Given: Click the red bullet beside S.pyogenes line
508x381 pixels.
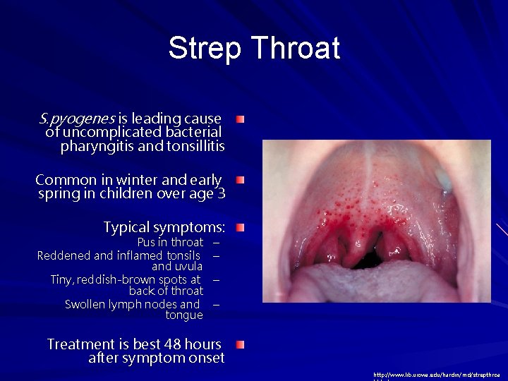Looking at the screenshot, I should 241,119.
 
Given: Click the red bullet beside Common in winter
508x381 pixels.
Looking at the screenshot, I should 241,181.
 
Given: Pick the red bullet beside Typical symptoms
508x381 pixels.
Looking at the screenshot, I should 241,228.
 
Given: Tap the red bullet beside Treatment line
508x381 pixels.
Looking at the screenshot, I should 241,344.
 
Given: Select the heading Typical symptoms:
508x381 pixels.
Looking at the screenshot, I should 164,227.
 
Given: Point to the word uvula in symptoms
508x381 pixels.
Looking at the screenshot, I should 188,267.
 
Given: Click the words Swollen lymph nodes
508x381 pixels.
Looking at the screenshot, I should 132,304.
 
